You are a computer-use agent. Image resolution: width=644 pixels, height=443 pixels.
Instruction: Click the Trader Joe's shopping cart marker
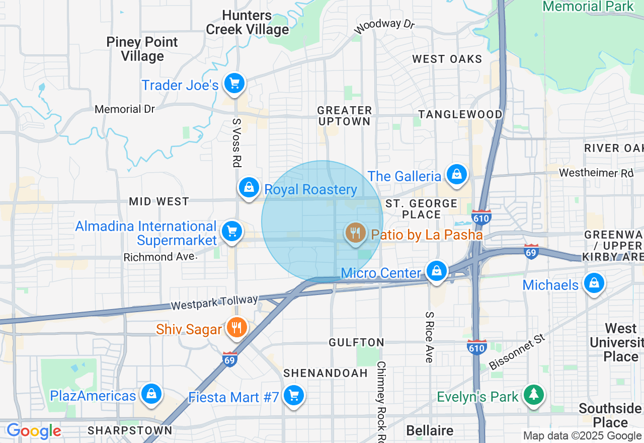234,84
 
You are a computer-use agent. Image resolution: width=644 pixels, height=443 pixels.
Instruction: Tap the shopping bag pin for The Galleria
457,175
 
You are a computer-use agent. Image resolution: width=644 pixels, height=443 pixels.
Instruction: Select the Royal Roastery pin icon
249,188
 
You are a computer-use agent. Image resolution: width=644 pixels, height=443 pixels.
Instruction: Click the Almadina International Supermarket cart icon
231,232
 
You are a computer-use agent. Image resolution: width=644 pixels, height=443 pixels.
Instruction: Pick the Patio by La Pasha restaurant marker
356,233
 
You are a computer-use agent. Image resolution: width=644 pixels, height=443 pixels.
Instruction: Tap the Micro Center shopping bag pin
437,271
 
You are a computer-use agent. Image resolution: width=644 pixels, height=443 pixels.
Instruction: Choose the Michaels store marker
594,283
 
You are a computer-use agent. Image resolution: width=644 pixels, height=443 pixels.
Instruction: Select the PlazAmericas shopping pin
151,394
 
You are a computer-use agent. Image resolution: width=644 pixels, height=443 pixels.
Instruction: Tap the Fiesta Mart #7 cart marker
293,396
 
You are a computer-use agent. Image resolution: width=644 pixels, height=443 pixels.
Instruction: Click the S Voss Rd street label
236,143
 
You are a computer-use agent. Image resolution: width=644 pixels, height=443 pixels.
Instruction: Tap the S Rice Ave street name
429,337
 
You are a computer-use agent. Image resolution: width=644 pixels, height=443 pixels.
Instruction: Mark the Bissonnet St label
517,351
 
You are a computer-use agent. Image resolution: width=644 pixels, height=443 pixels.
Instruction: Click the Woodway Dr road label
384,26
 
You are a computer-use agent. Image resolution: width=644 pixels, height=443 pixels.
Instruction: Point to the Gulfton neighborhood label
356,342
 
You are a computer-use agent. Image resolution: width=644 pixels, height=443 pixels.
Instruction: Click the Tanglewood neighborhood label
460,114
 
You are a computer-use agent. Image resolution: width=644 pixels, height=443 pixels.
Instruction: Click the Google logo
34,431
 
